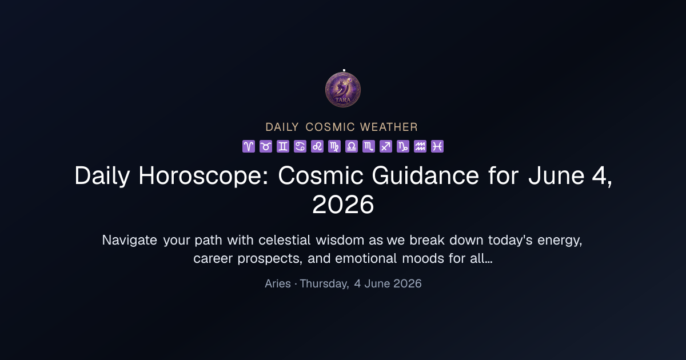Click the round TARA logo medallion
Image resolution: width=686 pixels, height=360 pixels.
point(343,90)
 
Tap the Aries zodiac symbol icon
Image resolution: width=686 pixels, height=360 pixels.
point(249,146)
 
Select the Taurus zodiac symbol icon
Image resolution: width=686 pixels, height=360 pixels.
point(266,146)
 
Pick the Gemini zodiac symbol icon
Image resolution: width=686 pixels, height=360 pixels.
point(283,146)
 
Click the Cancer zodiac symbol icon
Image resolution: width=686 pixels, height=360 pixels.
point(300,146)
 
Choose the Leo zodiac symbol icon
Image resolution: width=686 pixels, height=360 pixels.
point(317,146)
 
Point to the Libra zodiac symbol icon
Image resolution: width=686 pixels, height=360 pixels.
point(352,146)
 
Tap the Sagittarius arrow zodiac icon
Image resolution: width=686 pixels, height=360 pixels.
point(386,146)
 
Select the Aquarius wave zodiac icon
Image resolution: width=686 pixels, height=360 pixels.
point(420,146)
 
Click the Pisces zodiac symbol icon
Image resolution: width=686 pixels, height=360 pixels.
point(437,146)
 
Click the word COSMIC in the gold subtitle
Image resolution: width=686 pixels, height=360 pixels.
point(330,127)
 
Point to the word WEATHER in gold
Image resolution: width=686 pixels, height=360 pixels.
point(389,127)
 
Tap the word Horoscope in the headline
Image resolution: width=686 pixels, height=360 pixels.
point(204,176)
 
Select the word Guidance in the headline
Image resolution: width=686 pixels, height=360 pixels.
point(425,175)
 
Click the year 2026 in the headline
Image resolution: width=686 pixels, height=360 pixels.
point(343,205)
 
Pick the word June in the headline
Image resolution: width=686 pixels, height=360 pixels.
point(556,175)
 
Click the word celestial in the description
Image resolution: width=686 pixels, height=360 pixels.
point(285,239)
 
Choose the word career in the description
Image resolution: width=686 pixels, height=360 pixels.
point(213,259)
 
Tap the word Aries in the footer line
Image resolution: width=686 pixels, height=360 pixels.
point(278,283)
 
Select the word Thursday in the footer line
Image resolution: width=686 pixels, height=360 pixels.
point(324,284)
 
